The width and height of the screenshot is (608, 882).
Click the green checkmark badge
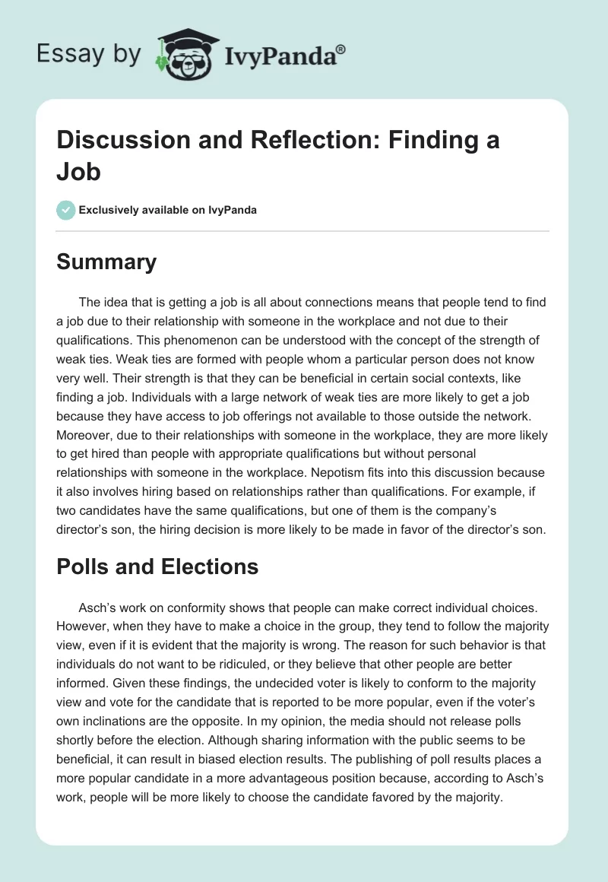pyautogui.click(x=66, y=210)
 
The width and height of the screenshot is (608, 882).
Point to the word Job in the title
pyautogui.click(x=79, y=171)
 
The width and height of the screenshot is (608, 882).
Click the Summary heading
pyautogui.click(x=106, y=262)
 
